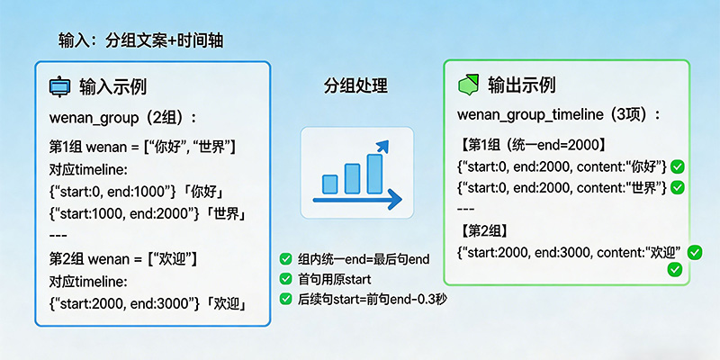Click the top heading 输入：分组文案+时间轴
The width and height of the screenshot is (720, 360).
point(142,41)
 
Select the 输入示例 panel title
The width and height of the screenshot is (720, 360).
point(112,87)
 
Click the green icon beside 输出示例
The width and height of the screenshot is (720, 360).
point(469,85)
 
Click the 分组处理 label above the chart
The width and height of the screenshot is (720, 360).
point(355,86)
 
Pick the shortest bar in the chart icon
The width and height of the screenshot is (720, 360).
point(329,184)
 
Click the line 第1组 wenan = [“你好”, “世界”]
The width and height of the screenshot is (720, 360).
point(142,146)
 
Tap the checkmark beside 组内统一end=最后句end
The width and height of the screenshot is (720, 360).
point(285,259)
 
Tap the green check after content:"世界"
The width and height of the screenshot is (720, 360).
point(678,187)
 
